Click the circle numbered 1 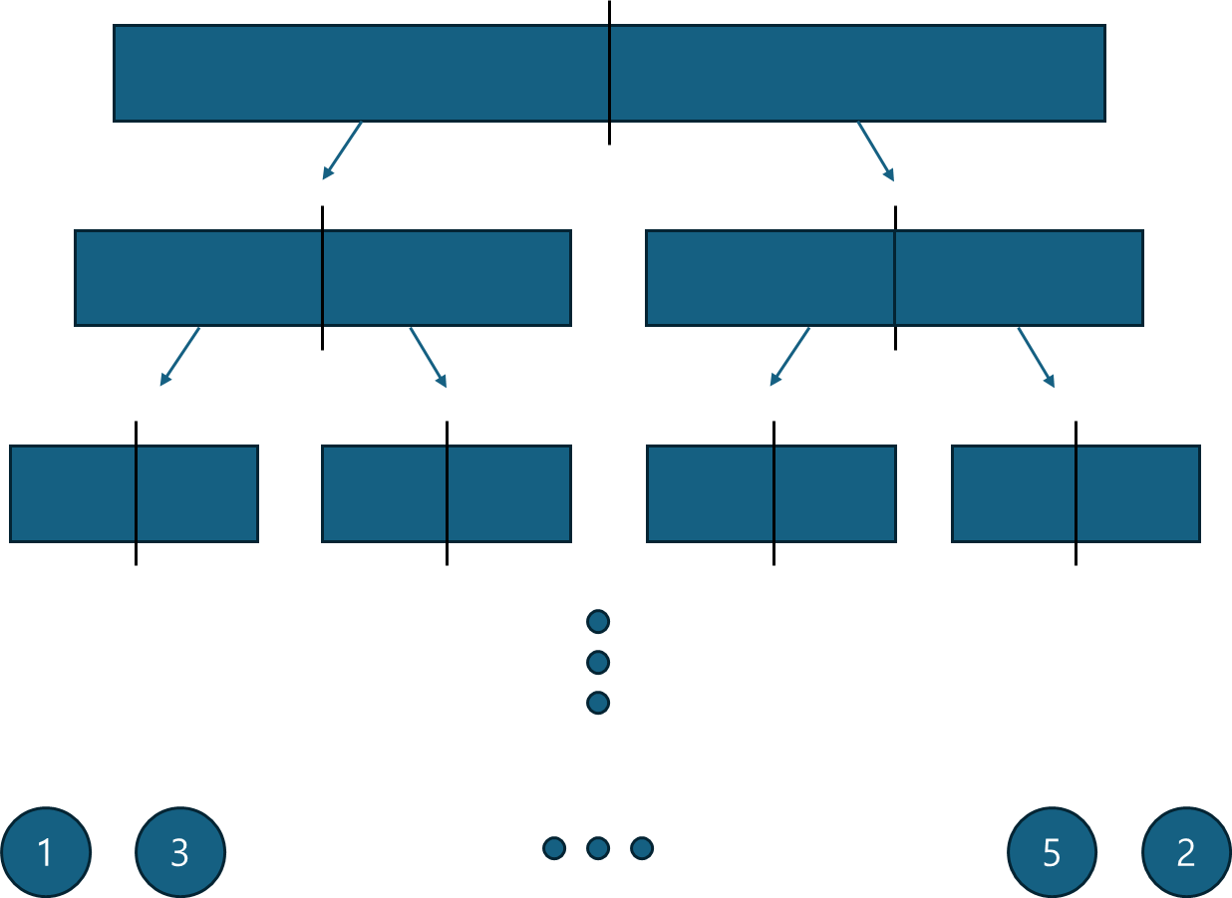(46, 852)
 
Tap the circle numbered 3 (180, 852)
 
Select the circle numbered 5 (1052, 852)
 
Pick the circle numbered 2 (1185, 852)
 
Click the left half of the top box (361, 73)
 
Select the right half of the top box (857, 73)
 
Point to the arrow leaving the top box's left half (342, 150)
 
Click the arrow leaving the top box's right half (875, 151)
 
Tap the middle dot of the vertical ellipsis (598, 662)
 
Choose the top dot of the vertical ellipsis (598, 622)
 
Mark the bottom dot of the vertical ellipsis (598, 703)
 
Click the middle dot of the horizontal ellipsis (598, 848)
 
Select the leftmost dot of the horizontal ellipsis (554, 848)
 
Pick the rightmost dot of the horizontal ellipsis (642, 848)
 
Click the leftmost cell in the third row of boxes (73, 493)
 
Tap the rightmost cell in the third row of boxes (1137, 493)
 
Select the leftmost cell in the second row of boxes (198, 278)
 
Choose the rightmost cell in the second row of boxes (1018, 278)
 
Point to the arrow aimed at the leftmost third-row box (179, 357)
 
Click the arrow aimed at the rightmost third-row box (1036, 357)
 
